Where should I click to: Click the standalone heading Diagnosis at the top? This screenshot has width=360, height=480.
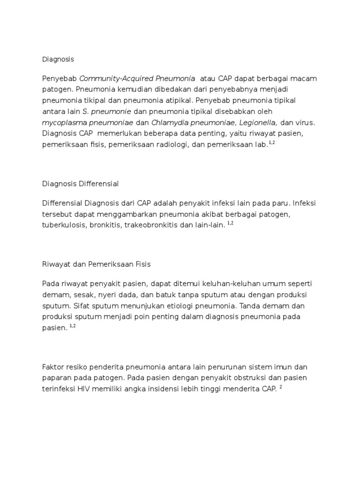pos(58,60)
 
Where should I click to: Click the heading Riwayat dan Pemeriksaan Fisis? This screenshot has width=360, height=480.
pos(96,264)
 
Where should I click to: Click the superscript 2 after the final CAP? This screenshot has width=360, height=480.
pos(280,387)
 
